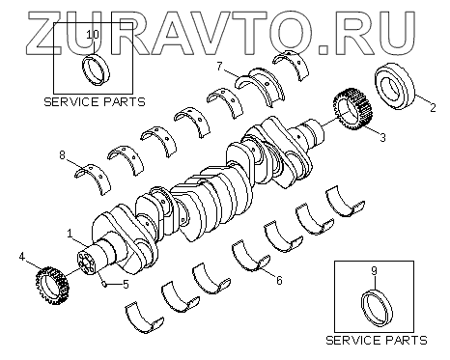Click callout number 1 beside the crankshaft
(70, 234)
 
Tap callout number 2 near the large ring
(433, 107)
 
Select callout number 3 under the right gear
(382, 137)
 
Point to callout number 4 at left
(21, 257)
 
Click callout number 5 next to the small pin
(126, 284)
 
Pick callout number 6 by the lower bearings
(279, 281)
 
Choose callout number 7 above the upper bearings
(219, 67)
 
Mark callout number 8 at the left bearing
(62, 155)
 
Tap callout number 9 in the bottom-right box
(374, 271)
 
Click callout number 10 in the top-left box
(94, 34)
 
